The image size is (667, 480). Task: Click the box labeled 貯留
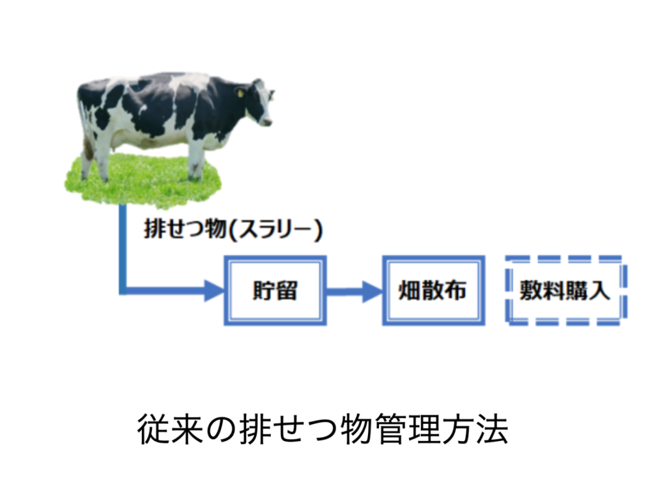click(276, 257)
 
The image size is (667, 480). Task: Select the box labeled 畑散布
click(433, 257)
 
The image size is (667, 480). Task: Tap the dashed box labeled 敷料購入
click(566, 259)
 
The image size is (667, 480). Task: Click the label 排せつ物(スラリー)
click(233, 230)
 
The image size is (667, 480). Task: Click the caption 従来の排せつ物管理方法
click(322, 429)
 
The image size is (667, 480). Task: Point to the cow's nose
click(268, 122)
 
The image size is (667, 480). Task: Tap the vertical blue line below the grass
click(122, 249)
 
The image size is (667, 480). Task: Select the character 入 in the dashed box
click(599, 291)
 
